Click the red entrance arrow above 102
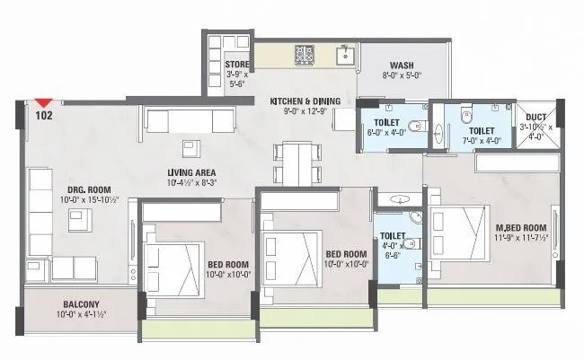click(x=40, y=102)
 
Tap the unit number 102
click(x=43, y=116)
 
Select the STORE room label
click(x=236, y=64)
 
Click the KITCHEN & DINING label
click(x=304, y=101)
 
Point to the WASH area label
click(x=401, y=64)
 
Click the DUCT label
click(x=535, y=117)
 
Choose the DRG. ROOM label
click(x=88, y=189)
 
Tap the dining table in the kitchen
click(x=286, y=162)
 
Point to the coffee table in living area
click(x=190, y=147)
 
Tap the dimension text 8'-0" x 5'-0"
click(x=401, y=76)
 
